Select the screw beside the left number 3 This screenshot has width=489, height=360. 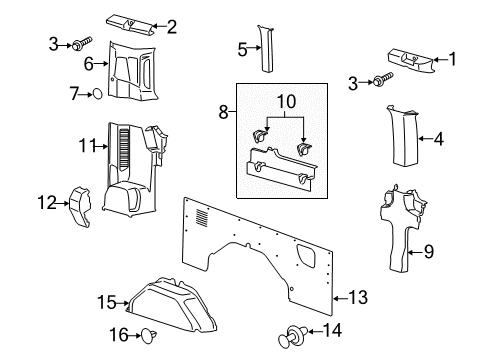tap(78, 44)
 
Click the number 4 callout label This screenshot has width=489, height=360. tap(439, 140)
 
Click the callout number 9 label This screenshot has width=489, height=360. tap(429, 253)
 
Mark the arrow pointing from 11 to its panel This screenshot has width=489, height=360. tap(103, 147)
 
